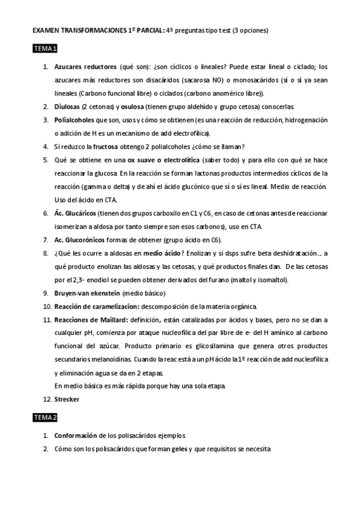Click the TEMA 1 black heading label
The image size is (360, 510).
point(45,49)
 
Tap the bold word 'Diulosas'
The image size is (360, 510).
point(68,106)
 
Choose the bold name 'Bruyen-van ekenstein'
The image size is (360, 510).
point(87,293)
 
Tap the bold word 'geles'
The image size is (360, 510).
point(178,449)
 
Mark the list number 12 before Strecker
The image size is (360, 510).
point(46,399)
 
